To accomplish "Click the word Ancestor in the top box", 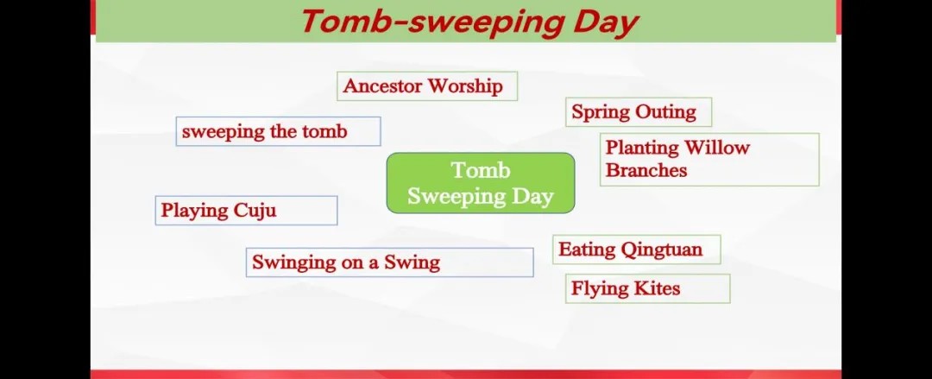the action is point(382,85).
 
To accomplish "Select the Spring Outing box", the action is point(639,112).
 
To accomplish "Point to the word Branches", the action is point(646,170).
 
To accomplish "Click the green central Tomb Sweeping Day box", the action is point(481,183).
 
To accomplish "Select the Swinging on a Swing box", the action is point(389,262).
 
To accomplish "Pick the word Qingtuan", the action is point(662,250).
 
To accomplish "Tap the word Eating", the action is point(587,250).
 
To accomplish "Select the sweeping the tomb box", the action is point(278,131).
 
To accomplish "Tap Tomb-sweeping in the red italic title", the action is point(433,22).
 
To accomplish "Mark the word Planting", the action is point(642,148).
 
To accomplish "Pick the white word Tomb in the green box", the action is point(481,170).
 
